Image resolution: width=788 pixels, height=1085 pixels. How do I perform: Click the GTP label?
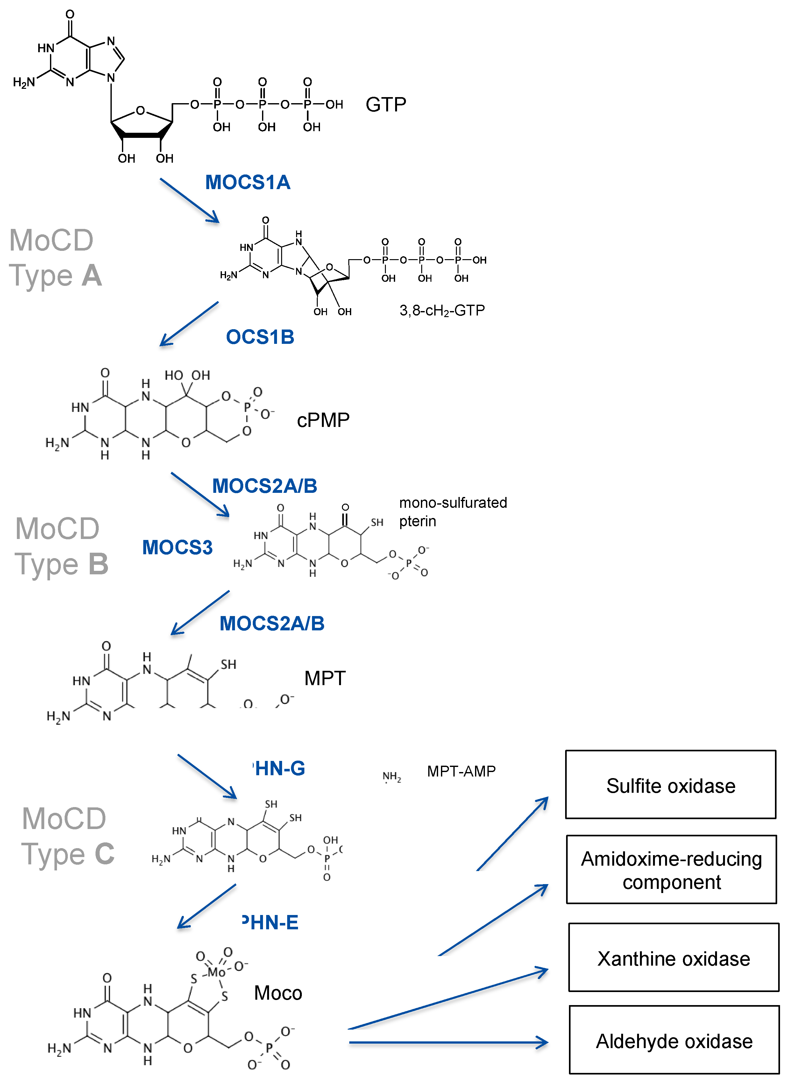click(x=386, y=104)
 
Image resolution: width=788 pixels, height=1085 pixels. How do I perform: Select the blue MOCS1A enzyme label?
click(x=247, y=182)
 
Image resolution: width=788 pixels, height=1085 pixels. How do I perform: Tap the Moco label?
click(x=278, y=993)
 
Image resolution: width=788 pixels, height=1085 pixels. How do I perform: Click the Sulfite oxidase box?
click(x=670, y=784)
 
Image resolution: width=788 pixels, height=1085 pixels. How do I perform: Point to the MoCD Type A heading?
click(x=55, y=257)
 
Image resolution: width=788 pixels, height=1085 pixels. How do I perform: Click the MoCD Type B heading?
click(x=61, y=546)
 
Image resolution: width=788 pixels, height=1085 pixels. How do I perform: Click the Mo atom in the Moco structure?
click(x=217, y=972)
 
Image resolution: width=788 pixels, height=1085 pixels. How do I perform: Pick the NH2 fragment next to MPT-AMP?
click(x=391, y=776)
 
